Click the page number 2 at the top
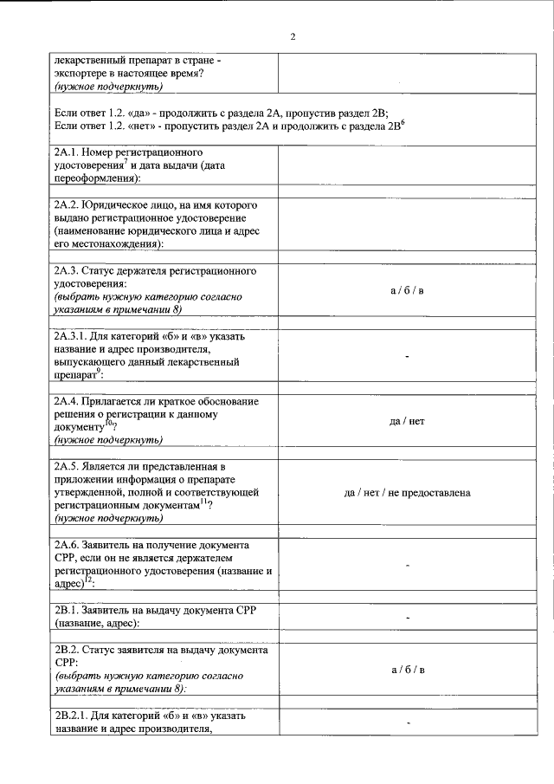tap(293, 36)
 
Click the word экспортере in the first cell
tap(81, 74)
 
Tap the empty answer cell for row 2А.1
tap(407, 165)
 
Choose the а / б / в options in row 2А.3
tap(407, 289)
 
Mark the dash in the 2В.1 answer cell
tap(407, 617)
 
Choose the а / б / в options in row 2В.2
tap(407, 670)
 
